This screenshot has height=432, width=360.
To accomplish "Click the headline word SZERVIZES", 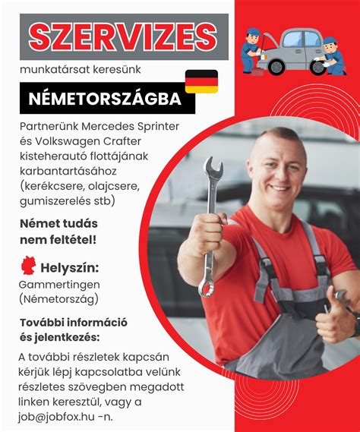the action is [x=123, y=36].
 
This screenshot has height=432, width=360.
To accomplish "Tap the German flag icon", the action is [x=201, y=81].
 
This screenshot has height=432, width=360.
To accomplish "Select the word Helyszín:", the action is [x=71, y=268].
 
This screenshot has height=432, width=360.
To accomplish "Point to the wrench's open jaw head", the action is [x=213, y=172].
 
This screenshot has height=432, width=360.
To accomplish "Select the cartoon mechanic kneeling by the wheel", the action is [x=332, y=56].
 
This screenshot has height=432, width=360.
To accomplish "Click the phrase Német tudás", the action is [x=57, y=224].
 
